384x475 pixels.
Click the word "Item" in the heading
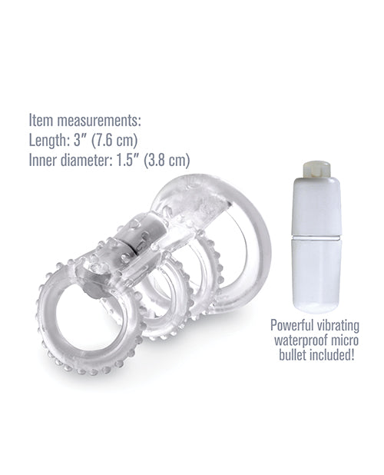tap(42, 121)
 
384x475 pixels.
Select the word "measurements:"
tap(99, 121)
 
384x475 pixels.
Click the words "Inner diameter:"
tap(73, 161)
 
